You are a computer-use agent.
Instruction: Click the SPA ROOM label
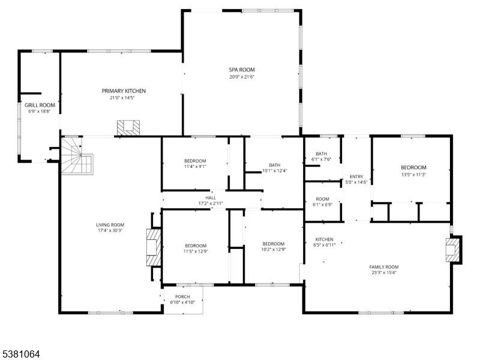coord(242,70)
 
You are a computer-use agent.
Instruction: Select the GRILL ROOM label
coord(40,105)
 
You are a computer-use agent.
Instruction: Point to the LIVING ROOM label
coord(110,225)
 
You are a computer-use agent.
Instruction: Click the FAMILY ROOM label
coord(384,267)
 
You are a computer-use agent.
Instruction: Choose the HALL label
coord(211,197)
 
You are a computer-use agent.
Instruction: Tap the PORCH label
coord(182,297)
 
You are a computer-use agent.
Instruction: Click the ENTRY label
coord(356,176)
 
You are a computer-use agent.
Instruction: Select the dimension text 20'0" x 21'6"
coord(242,77)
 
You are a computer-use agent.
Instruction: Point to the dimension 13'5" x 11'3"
coord(413,175)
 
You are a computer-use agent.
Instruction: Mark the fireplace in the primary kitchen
coord(128,127)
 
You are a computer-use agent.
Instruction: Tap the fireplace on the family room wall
coord(454,250)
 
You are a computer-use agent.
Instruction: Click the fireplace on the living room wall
coord(154,246)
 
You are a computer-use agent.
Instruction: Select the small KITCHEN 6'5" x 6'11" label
coord(325,239)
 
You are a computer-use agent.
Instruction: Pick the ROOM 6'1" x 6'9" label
coord(323,199)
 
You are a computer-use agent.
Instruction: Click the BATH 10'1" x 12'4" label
coord(275,165)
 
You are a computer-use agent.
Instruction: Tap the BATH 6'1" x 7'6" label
coord(322,154)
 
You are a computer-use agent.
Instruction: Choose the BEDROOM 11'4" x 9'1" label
coord(195,161)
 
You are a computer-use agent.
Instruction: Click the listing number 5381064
coord(21,354)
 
